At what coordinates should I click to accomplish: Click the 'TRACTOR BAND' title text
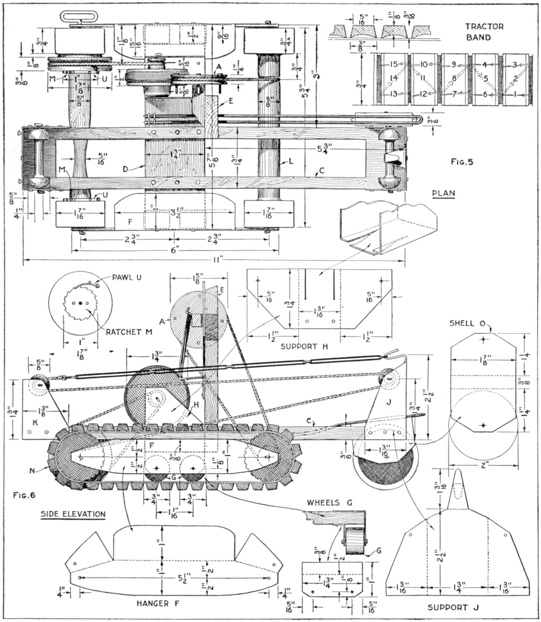[x=484, y=32]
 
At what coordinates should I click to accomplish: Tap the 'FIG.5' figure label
[x=461, y=162]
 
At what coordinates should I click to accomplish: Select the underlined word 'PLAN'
[x=443, y=193]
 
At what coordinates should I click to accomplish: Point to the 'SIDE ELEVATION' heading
[x=73, y=514]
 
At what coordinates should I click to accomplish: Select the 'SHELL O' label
[x=467, y=324]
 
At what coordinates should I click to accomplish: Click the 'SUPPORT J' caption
[x=453, y=607]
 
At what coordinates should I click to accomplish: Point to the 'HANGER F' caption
[x=161, y=603]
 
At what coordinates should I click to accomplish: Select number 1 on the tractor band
[x=514, y=94]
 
